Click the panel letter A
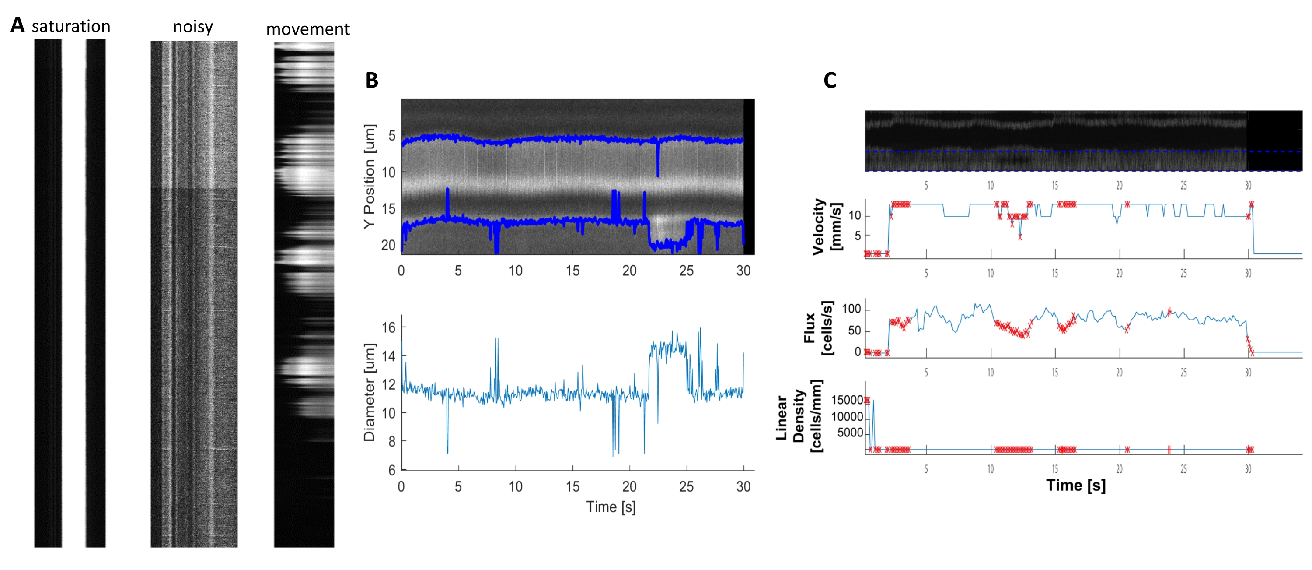[x=17, y=25]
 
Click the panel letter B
[x=372, y=81]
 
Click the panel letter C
[x=830, y=81]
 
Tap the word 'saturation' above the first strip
[x=71, y=26]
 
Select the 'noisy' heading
[x=192, y=27]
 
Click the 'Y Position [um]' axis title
[x=370, y=176]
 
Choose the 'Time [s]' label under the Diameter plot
[x=610, y=507]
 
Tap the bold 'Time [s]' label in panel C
[x=1076, y=485]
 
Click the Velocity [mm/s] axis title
[x=826, y=226]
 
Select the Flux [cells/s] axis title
[x=819, y=328]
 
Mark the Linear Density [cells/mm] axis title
[x=799, y=416]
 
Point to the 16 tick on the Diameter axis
[x=389, y=327]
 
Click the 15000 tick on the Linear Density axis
[x=847, y=400]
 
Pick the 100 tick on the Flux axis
[x=851, y=309]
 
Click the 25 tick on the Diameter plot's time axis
[x=686, y=486]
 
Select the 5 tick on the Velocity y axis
[x=858, y=236]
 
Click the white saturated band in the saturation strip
[x=73, y=293]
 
